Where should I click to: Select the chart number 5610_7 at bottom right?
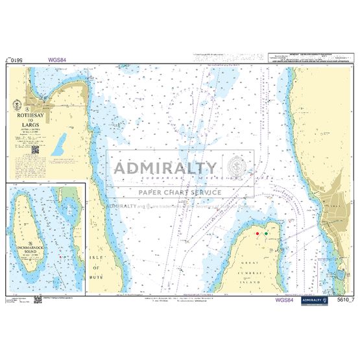coord(347,300)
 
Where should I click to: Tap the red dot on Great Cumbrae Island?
coord(258,233)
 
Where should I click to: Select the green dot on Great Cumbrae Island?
coord(266,233)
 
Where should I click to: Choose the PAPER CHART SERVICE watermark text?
coord(179,192)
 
